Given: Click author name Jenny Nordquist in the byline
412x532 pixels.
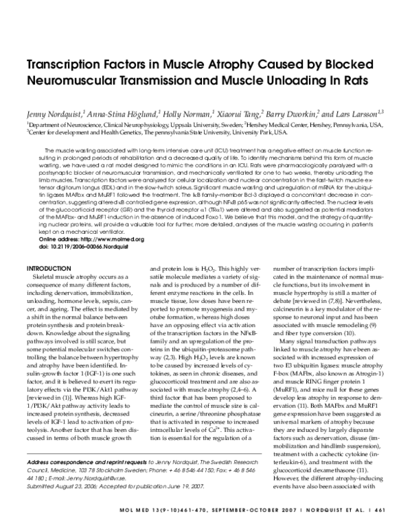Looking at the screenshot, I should tap(53, 112).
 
